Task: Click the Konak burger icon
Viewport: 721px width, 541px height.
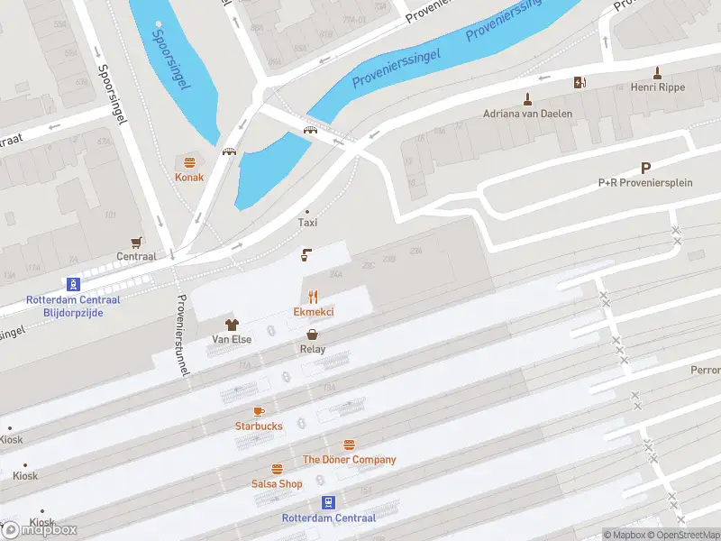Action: [x=190, y=162]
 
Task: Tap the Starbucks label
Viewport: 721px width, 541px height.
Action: [x=259, y=426]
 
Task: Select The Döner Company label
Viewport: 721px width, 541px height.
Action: [x=349, y=460]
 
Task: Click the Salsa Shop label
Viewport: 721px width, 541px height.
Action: [x=277, y=484]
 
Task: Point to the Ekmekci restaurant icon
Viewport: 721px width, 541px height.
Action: [x=314, y=296]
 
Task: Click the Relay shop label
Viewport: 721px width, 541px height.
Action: [x=313, y=349]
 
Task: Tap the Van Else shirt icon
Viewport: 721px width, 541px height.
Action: [x=232, y=324]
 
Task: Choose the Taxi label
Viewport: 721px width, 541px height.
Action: [x=308, y=223]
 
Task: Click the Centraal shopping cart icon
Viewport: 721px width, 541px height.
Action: [x=136, y=242]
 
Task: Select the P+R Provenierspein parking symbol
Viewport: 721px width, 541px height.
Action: [x=645, y=168]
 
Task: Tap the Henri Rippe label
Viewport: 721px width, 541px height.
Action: [x=659, y=87]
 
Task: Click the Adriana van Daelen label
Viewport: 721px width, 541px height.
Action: [x=528, y=115]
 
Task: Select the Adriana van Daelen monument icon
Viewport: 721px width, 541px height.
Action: [x=528, y=98]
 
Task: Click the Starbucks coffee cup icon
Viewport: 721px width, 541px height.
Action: [x=259, y=411]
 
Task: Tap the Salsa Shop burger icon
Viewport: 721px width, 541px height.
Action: [x=277, y=469]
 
